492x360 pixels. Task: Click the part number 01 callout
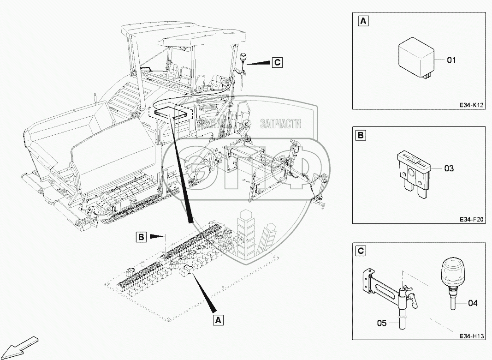point(451,60)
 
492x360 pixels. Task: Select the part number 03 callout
point(449,168)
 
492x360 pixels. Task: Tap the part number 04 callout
point(473,303)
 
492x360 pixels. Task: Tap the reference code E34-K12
point(471,105)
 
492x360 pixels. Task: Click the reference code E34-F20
point(471,220)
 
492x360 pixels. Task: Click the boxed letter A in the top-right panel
point(363,21)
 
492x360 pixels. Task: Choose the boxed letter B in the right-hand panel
point(361,136)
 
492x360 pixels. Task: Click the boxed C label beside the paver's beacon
point(277,62)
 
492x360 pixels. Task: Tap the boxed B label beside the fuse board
point(141,237)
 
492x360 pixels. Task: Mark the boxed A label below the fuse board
point(219,319)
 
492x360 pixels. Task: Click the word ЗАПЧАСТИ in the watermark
point(281,124)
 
